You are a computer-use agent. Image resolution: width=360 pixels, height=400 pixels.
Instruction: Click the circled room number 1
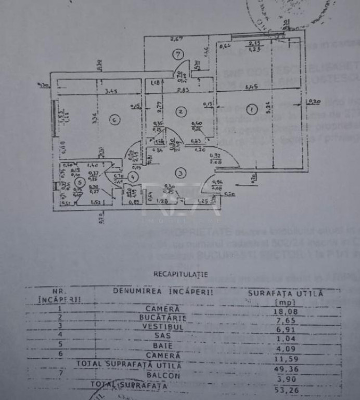pyautogui.click(x=252, y=110)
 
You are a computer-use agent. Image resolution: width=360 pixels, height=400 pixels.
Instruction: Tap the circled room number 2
pyautogui.click(x=180, y=110)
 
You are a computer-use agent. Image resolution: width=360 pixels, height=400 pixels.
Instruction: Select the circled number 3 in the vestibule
pyautogui.click(x=180, y=172)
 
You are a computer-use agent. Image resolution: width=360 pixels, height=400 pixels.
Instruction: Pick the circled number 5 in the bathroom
pyautogui.click(x=80, y=182)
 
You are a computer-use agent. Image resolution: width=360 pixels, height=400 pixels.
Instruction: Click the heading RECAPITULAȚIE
pyautogui.click(x=180, y=273)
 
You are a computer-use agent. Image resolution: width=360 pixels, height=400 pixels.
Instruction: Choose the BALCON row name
pyautogui.click(x=163, y=375)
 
